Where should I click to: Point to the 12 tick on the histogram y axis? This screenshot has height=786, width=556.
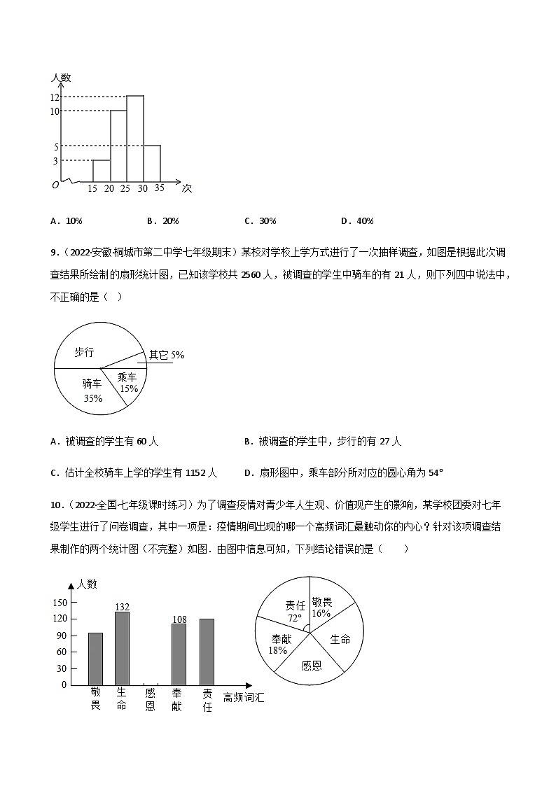tap(55, 97)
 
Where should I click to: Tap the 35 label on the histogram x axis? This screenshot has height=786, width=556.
tap(160, 188)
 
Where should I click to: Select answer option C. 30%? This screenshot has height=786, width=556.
tap(260, 221)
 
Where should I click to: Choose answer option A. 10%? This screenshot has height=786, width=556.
tap(67, 221)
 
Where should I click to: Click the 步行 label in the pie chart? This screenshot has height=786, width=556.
tap(84, 352)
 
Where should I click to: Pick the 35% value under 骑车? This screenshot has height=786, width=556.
tap(92, 398)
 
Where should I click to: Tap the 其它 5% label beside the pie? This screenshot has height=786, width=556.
tap(167, 355)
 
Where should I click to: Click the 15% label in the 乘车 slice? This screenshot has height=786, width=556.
tap(128, 388)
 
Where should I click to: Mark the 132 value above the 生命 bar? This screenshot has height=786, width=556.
tap(123, 606)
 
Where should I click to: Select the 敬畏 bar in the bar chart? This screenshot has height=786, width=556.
tap(95, 659)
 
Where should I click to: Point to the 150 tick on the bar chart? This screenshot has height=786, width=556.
tap(60, 603)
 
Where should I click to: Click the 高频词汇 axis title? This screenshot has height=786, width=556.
tap(244, 697)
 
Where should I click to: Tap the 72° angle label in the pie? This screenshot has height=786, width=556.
tap(293, 618)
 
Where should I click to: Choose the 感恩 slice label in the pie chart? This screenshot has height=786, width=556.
tap(312, 665)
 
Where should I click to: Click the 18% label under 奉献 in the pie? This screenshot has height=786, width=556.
tap(277, 650)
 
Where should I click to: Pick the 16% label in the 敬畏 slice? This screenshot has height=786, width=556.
tap(321, 613)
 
